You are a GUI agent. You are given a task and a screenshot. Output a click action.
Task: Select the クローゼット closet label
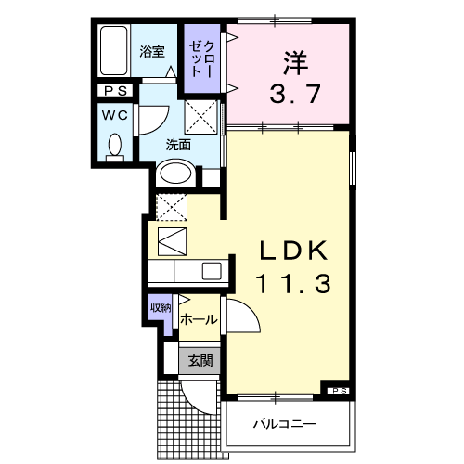click(203, 58)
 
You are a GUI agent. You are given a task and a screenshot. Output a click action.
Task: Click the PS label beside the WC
click(117, 91)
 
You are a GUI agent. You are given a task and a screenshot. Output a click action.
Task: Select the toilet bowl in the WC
click(115, 146)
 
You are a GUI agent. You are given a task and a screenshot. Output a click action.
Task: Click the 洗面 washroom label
click(178, 145)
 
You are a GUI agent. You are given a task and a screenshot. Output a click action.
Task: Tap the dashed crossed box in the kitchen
click(172, 206)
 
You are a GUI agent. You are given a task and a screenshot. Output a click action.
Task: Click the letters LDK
click(293, 251)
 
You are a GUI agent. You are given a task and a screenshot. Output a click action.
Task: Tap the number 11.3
click(293, 285)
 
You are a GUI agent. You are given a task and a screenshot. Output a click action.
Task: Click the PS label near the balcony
click(337, 391)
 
